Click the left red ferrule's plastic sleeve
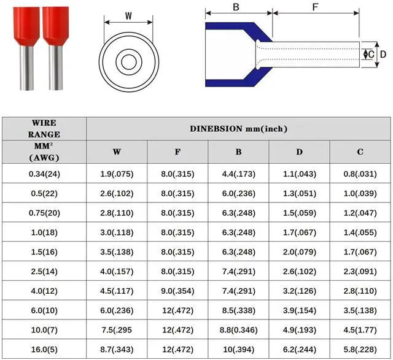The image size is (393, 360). pos(26,26)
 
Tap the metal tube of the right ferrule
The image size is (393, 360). pos(56,67)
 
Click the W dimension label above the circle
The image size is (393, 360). pos(128,16)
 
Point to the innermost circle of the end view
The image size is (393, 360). pos(129,62)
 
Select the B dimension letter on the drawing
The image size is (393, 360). pos(236,7)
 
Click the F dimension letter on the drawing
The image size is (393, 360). pos(315,7)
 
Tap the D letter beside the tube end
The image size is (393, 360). pos(383,55)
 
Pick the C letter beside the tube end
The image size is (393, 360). pos(372,55)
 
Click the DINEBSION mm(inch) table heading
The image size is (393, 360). pos(239,129)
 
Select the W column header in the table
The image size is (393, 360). pos(117,151)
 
